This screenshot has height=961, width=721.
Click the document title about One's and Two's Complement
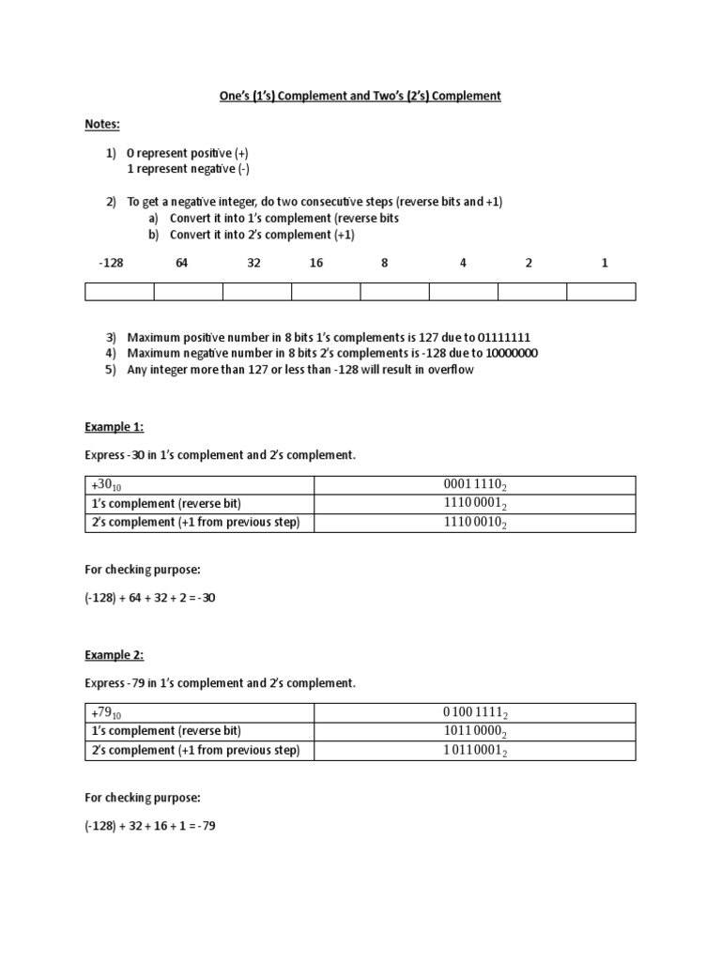pos(360,97)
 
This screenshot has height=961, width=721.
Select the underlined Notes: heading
pos(102,124)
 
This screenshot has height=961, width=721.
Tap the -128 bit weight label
pos(111,263)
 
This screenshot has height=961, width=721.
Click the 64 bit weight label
pos(182,263)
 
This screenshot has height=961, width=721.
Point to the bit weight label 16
pos(316,263)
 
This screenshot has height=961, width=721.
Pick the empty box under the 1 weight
pos(601,292)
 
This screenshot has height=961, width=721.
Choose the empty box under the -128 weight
pos(119,292)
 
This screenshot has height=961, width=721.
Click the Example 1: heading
pos(114,426)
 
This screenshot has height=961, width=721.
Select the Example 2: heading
pos(114,655)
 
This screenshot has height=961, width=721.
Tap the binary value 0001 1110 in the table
pos(474,485)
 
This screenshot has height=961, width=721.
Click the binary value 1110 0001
pos(474,504)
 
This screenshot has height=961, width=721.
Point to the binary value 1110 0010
pos(474,523)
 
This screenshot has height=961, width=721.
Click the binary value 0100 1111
pos(474,713)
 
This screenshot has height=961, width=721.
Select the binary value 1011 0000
pos(474,732)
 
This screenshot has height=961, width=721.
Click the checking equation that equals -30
pos(150,598)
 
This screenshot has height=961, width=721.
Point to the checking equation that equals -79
pos(150,827)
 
